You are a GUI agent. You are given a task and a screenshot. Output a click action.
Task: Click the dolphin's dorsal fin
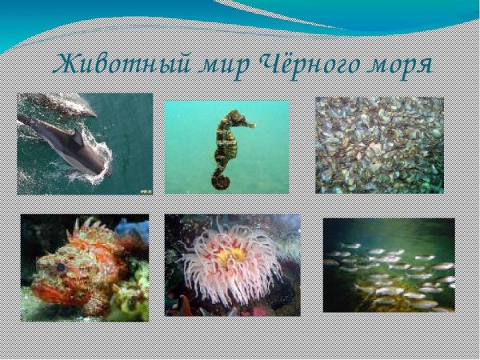coord(79,138)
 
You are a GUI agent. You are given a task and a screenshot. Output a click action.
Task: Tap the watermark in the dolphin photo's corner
coord(146,191)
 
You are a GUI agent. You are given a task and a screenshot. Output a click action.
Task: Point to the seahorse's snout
coord(250,124)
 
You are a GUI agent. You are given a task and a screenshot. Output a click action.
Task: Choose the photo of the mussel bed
coord(379,145)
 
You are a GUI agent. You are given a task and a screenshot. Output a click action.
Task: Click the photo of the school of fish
coord(389,265)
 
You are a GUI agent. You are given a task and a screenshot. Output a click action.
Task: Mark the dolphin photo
coord(85,144)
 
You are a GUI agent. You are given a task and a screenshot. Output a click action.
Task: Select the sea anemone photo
coord(233,265)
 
